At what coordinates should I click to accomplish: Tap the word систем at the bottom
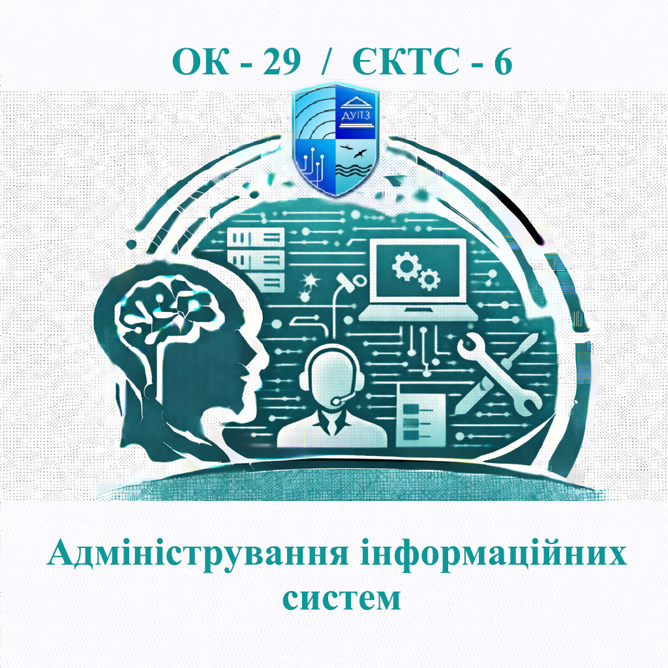(x=333, y=597)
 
